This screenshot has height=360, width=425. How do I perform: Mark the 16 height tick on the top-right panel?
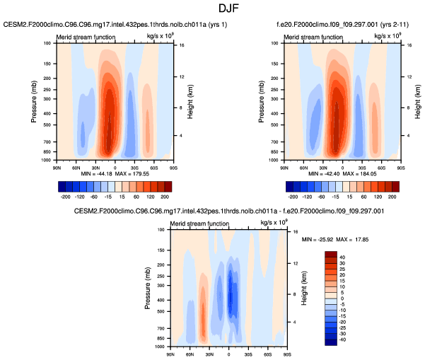pyautogui.click(x=409, y=45)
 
